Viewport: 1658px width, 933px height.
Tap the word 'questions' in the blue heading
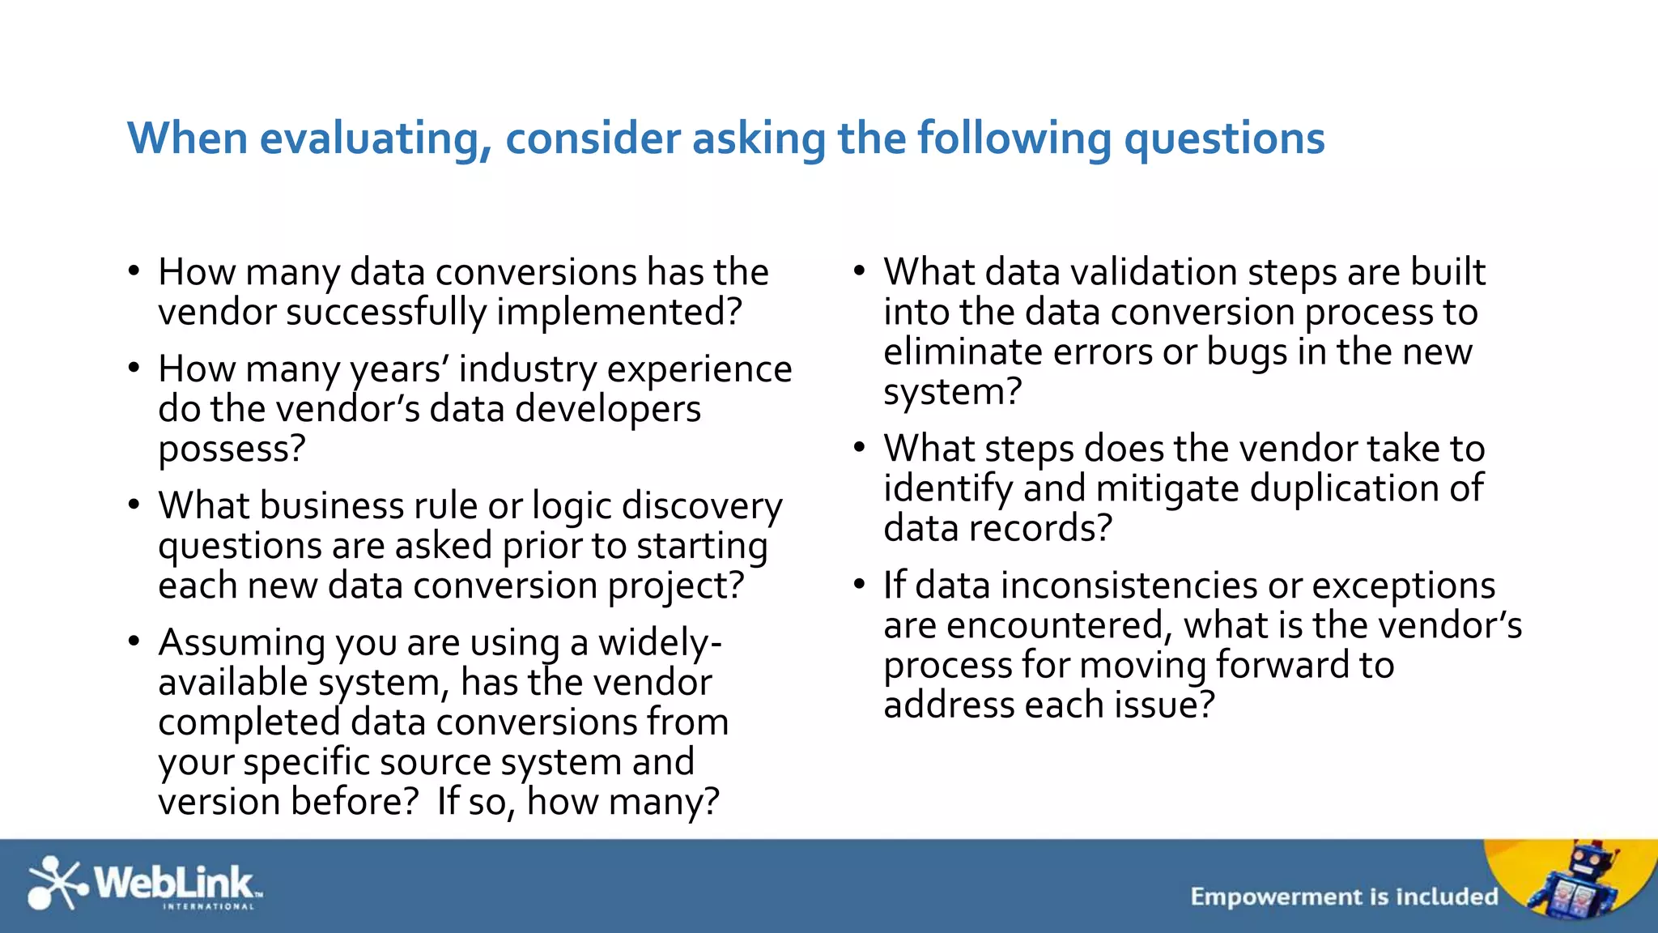tap(1224, 138)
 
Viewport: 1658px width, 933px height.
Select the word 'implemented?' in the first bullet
tap(619, 312)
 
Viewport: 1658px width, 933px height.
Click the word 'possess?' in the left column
tap(232, 449)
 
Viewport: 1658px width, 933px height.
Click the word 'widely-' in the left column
tap(660, 642)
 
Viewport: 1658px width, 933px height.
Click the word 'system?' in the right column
tap(953, 392)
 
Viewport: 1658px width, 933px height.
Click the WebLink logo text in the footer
tap(174, 881)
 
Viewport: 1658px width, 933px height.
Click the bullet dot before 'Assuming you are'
tap(134, 641)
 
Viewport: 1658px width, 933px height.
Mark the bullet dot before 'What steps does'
tap(860, 448)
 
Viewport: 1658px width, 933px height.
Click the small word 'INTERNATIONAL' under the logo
tap(208, 907)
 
